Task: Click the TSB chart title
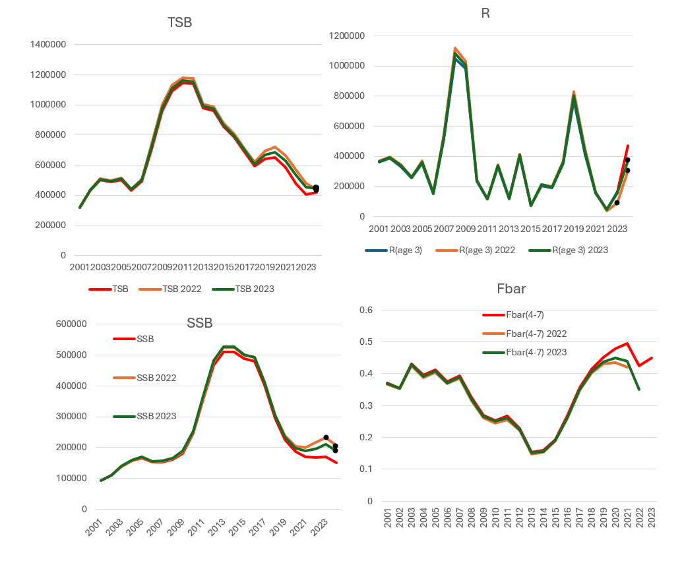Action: [179, 23]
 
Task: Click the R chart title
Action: [485, 13]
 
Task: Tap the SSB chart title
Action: [200, 322]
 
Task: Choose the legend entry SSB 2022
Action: [158, 378]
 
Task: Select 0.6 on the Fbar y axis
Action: [365, 310]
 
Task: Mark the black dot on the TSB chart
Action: [316, 189]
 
